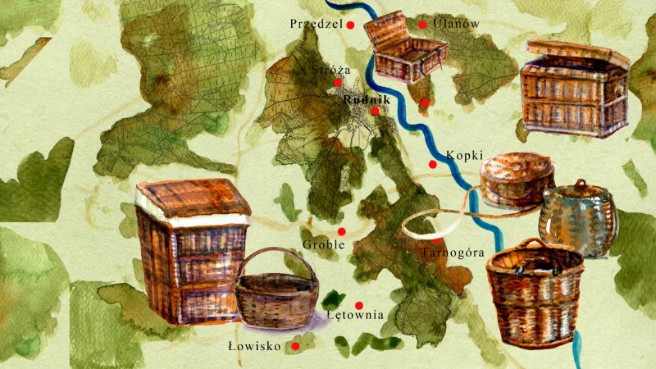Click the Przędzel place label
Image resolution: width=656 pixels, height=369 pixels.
tap(315, 25)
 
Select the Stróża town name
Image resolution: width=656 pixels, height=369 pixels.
tap(331, 70)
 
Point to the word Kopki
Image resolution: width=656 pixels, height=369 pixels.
tap(464, 156)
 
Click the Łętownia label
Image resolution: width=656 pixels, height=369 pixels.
tap(355, 314)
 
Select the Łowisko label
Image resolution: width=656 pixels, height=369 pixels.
tap(254, 347)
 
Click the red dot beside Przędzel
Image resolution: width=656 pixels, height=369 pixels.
tap(350, 25)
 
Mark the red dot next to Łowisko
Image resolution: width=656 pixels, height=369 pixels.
tap(295, 347)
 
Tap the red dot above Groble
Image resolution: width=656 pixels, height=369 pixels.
tap(342, 231)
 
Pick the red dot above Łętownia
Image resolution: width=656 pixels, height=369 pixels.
tap(358, 305)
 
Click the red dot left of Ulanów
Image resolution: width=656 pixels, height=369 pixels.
tap(422, 25)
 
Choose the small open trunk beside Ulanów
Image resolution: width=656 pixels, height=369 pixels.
tap(408, 49)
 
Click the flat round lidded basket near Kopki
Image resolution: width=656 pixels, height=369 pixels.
tap(516, 179)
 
